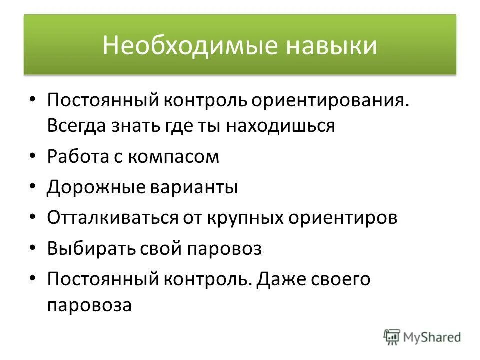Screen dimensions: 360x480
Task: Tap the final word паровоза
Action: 90,305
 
